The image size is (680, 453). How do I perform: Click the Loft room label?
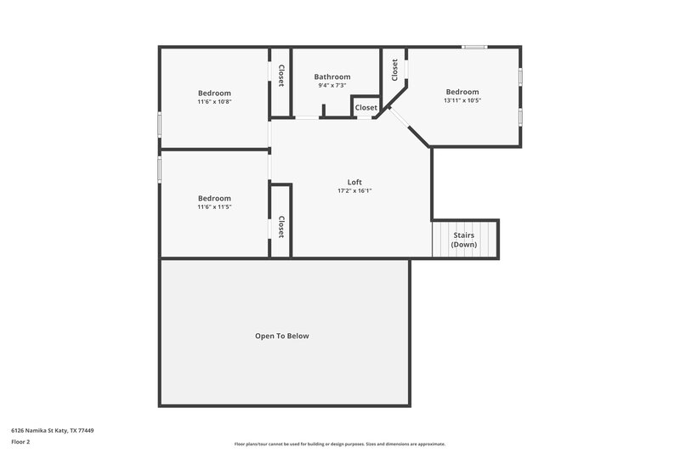(354, 182)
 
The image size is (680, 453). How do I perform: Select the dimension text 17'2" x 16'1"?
(354, 191)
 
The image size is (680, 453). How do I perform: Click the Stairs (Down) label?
(464, 240)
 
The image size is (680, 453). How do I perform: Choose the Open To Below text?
(282, 336)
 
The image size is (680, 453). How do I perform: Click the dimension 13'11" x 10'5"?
(462, 100)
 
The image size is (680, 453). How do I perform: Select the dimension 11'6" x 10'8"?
(214, 102)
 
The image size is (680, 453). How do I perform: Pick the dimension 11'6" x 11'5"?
(214, 207)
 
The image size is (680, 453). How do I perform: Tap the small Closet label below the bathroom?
(366, 108)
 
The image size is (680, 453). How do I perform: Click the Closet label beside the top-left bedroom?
(280, 74)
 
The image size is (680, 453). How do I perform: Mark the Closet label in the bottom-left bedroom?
(280, 226)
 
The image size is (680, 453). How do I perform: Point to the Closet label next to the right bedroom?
(394, 71)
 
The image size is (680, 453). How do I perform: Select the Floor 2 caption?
(21, 442)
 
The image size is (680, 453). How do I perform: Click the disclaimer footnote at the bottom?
(340, 444)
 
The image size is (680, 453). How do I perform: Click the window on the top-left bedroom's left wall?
(159, 124)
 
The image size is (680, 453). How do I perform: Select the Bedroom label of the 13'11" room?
(462, 92)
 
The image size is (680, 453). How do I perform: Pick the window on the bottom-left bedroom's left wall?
(159, 167)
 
